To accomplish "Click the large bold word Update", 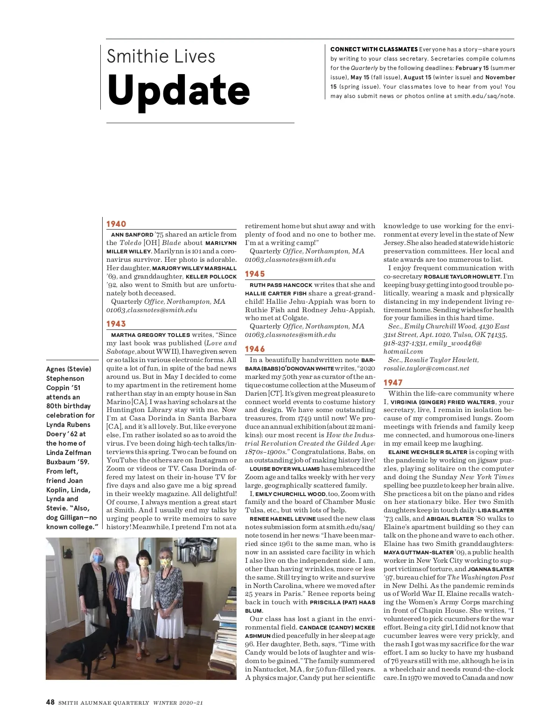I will coord(178,90).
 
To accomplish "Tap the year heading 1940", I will coord(116,224).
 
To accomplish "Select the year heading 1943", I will coord(116,324).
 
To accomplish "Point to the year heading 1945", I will coord(255,274).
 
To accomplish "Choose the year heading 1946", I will coord(255,349).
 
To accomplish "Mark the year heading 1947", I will coord(393,383).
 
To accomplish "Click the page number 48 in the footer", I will coord(50,702).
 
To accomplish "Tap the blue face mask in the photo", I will coord(98,558).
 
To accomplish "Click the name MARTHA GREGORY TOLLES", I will coord(150,335).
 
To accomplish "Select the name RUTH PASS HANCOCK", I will coord(281,285).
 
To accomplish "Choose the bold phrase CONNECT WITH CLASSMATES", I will coord(374,49).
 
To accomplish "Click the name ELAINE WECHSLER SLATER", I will coord(427,452).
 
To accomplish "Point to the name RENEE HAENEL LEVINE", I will coord(283,518).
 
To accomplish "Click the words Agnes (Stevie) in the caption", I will coord(69,369).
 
